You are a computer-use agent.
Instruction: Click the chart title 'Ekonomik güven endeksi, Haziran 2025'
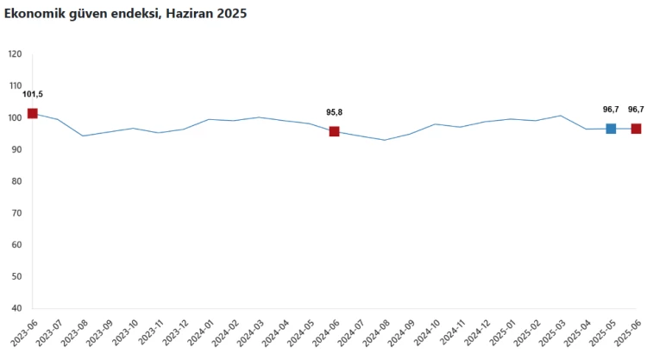click(125, 14)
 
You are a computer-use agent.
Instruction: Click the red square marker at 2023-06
click(33, 113)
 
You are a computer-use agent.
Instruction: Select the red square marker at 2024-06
click(334, 131)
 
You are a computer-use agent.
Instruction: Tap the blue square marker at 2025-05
click(611, 129)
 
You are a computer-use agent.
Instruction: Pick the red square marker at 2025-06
click(636, 129)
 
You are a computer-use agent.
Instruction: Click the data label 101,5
click(33, 94)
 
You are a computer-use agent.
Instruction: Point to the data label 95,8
click(334, 112)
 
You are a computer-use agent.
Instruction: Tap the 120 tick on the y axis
click(15, 54)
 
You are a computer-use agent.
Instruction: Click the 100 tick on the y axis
click(15, 117)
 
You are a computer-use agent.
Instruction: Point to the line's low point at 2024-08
click(385, 140)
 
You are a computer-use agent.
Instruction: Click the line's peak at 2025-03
click(561, 116)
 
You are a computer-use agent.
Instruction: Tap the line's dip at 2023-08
click(83, 136)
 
